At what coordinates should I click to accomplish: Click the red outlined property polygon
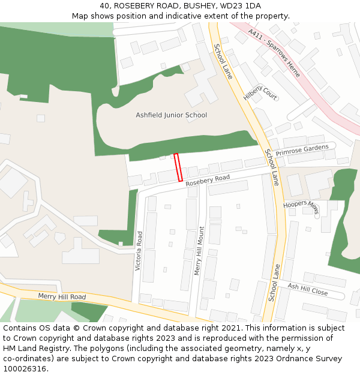click(178, 167)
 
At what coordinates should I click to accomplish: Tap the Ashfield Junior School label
click(171, 115)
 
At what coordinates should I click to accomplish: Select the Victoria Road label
click(139, 250)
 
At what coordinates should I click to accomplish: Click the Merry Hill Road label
click(62, 296)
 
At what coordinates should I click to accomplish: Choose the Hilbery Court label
click(260, 88)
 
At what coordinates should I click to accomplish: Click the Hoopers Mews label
click(301, 206)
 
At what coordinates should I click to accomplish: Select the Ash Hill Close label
click(307, 289)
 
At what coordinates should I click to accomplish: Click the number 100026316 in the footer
click(26, 368)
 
